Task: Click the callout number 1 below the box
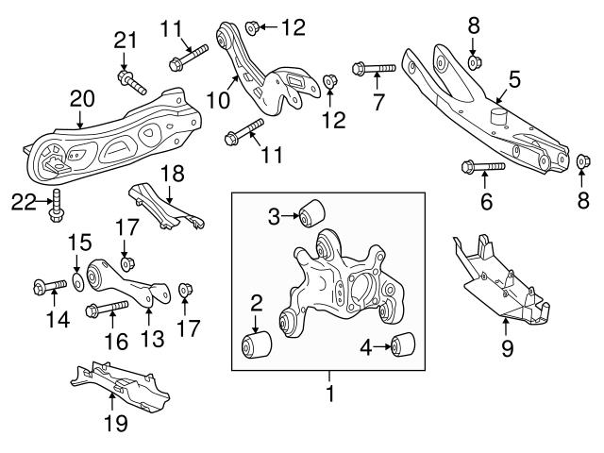coord(329,388)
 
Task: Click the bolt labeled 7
coord(375,68)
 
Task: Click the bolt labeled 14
coord(45,285)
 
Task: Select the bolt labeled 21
coord(130,82)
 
